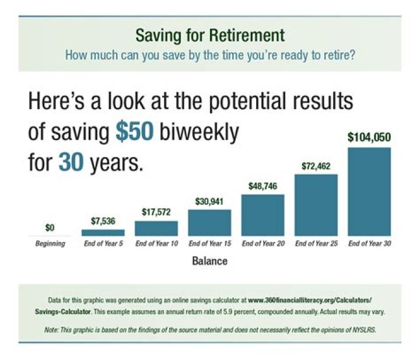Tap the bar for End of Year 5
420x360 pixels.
[x=103, y=232]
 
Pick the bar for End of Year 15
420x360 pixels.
[x=209, y=222]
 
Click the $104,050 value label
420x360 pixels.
[x=369, y=138]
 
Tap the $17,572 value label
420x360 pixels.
[x=156, y=211]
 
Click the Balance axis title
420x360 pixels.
[x=209, y=261]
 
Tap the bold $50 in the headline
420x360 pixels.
[x=134, y=132]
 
